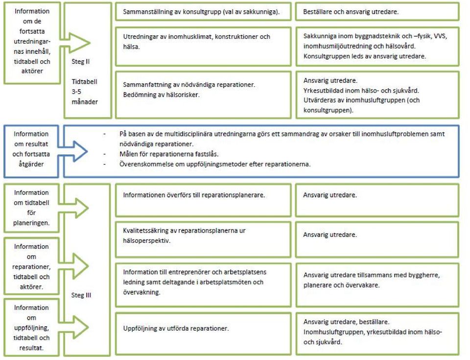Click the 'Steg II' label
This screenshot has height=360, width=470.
coord(80,62)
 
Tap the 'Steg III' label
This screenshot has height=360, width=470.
coord(81,295)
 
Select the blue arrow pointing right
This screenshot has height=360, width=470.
coord(73,151)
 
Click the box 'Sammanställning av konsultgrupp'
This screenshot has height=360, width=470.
coord(203,12)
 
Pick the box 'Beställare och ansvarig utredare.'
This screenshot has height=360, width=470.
coord(377,12)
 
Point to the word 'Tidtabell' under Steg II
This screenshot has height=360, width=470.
coord(84,82)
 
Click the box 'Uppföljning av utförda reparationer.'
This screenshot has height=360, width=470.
coord(203,334)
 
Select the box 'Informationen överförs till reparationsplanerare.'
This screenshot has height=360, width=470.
coord(203,200)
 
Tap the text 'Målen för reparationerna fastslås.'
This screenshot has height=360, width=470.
coord(169,154)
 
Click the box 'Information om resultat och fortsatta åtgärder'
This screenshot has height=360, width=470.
coord(31,151)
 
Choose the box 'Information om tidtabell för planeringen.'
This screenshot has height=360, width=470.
coord(31,208)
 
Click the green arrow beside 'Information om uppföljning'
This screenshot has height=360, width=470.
coord(74,327)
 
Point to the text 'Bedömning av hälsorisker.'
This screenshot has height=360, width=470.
coord(161,95)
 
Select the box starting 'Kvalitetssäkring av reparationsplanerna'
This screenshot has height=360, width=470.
coord(203,240)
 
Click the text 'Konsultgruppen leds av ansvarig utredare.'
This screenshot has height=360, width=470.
coord(364,56)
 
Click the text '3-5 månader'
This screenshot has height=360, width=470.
coord(85,96)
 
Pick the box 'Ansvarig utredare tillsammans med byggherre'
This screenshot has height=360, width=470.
coord(377,285)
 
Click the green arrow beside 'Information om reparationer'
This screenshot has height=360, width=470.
coord(74,266)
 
